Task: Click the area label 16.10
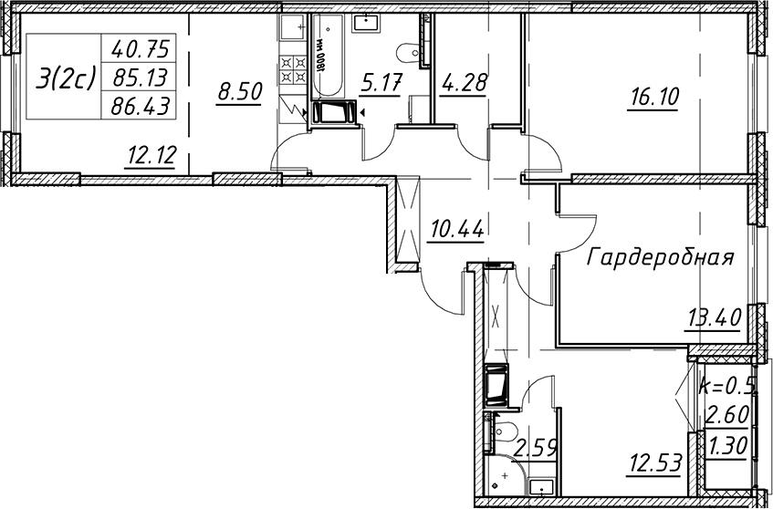click(653, 97)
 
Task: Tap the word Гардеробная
click(661, 257)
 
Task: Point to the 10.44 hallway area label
click(457, 229)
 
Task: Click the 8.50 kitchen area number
click(239, 91)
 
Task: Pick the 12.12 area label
click(151, 156)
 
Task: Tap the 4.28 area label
click(463, 82)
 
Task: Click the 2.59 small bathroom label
click(536, 450)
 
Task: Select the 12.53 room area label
click(655, 463)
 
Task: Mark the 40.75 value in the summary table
click(141, 48)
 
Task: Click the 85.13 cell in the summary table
click(141, 77)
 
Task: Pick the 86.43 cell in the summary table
click(141, 106)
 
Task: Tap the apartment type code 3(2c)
click(65, 78)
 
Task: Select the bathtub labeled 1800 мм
click(324, 57)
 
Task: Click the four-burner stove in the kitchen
click(294, 69)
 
